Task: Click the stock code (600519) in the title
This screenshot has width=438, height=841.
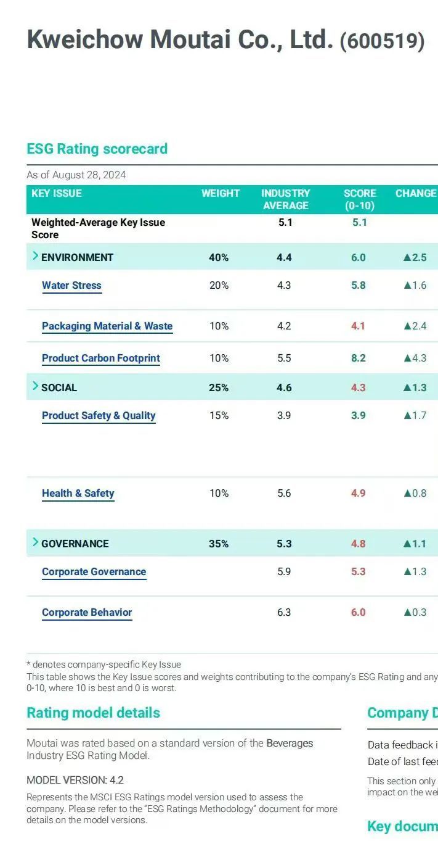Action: click(x=382, y=41)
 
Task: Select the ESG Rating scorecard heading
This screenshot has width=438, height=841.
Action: click(x=97, y=149)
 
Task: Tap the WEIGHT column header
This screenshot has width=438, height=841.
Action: click(x=220, y=193)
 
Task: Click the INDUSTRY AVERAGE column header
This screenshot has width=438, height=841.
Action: click(x=285, y=199)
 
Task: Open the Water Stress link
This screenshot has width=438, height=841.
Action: click(x=71, y=285)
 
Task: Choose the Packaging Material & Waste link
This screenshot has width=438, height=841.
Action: click(x=107, y=326)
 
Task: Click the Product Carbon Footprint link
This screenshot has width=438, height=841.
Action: click(x=101, y=358)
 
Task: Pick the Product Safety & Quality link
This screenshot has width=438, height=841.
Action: click(x=99, y=415)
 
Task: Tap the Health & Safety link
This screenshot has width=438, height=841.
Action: click(x=78, y=493)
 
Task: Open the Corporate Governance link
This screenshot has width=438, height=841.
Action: click(x=94, y=571)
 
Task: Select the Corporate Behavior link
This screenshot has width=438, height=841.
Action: click(x=87, y=612)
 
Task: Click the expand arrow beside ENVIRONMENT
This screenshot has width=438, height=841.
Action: click(x=35, y=256)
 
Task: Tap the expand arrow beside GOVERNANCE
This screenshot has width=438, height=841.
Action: click(x=35, y=542)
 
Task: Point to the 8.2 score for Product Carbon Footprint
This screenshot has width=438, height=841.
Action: click(x=358, y=358)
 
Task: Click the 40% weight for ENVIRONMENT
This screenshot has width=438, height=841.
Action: click(x=219, y=257)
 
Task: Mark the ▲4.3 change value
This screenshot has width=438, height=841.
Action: click(x=415, y=358)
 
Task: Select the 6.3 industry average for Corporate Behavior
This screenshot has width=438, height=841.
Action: click(x=284, y=612)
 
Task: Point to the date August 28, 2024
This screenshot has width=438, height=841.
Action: click(x=89, y=175)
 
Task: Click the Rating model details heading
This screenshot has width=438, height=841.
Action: click(x=93, y=713)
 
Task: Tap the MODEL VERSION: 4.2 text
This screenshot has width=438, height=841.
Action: click(x=75, y=780)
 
